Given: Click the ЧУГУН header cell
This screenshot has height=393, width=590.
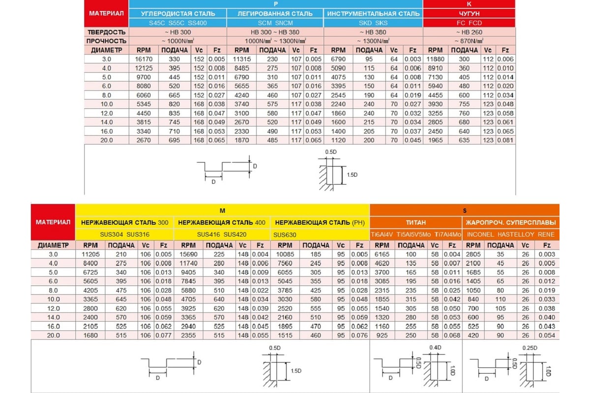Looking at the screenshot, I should pyautogui.click(x=469, y=14).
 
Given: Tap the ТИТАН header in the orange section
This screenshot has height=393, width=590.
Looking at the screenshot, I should pyautogui.click(x=415, y=223).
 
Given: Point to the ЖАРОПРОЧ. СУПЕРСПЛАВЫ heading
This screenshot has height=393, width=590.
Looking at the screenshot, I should pyautogui.click(x=510, y=223).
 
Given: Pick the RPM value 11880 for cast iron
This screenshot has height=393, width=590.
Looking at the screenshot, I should pyautogui.click(x=436, y=59).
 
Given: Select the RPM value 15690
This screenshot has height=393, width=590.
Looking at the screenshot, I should pyautogui.click(x=189, y=254).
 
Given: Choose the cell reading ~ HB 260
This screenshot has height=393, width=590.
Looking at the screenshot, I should pyautogui.click(x=469, y=32).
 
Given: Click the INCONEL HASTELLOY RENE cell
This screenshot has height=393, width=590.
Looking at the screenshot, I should pyautogui.click(x=510, y=235).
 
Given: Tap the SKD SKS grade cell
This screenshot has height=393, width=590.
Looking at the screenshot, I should pyautogui.click(x=374, y=23).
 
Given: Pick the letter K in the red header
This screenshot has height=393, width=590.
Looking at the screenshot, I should pyautogui.click(x=469, y=4).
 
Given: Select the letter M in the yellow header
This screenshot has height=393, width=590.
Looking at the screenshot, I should pyautogui.click(x=222, y=210).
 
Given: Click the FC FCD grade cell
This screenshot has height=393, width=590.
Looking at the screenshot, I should pyautogui.click(x=469, y=23).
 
